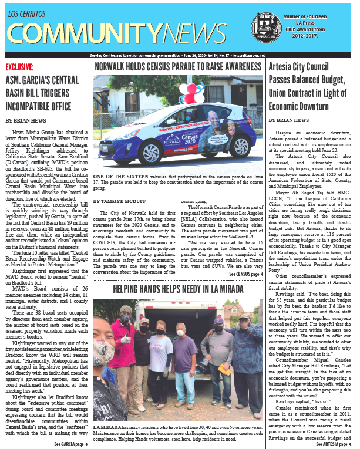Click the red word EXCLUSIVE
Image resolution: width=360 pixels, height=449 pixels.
(22, 67)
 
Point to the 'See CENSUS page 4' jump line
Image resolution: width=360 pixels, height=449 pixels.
(245, 274)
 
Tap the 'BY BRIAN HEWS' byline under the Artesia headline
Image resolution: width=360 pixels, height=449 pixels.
(289, 120)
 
